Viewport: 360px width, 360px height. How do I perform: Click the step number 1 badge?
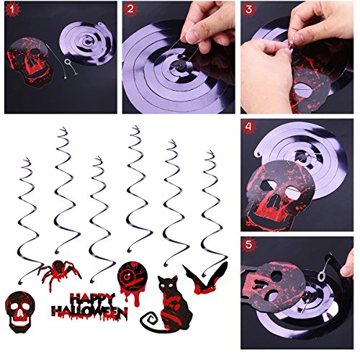tap(13, 10)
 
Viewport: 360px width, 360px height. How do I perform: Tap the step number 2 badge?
tap(130, 9)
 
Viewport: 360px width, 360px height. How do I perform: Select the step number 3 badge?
tap(248, 9)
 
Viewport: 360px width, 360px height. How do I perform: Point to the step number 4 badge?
tap(248, 127)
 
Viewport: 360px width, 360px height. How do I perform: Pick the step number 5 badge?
tap(248, 245)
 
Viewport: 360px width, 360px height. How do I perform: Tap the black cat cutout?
tap(168, 305)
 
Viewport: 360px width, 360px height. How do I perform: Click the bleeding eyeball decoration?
tap(132, 281)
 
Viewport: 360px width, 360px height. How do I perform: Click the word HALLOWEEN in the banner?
tap(89, 312)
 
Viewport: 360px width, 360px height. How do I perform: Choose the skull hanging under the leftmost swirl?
tap(20, 312)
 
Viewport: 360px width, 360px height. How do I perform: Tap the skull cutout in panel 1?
tap(30, 62)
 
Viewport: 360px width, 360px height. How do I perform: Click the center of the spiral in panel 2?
tap(179, 65)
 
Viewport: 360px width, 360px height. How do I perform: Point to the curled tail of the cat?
tap(150, 323)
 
